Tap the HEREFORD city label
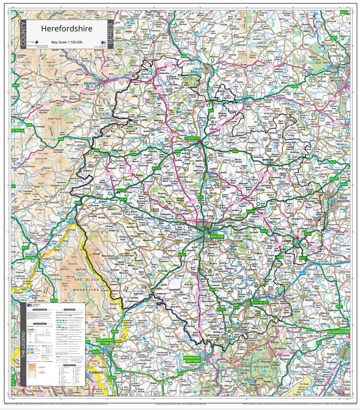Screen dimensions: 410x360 (x=217, y=236)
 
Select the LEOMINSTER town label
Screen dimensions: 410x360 (x=192, y=138)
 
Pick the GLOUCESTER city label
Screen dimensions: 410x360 (x=339, y=332)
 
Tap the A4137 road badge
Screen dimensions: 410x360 (x=221, y=309)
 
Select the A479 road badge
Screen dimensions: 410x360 (x=53, y=300)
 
